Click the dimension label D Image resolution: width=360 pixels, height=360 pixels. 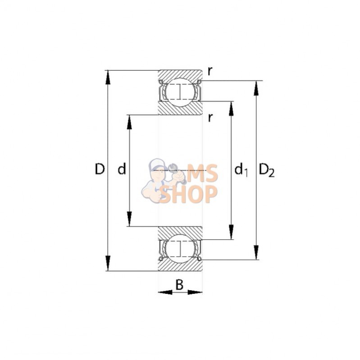point(100,169)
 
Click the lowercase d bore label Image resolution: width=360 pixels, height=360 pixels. point(121,169)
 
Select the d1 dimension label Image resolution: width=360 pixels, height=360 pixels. point(241,170)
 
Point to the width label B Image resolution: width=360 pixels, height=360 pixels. point(179,284)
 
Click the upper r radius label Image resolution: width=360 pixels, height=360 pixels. point(210,70)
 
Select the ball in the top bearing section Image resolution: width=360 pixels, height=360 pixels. point(180,91)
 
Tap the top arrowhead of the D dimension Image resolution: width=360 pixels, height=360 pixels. point(108,77)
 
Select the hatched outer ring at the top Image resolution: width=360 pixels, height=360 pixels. point(180,75)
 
